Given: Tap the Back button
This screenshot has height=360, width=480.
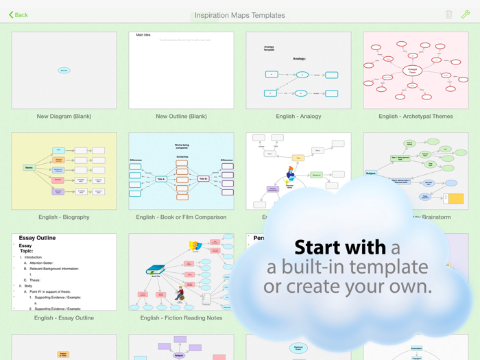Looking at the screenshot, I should click(19, 14).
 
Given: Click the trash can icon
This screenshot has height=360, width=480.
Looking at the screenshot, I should click(448, 14).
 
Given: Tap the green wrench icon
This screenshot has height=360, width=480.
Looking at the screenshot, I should click(466, 14).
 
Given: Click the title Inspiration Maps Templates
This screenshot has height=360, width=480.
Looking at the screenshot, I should click(239, 15).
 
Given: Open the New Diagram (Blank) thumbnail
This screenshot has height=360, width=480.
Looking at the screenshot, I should click(64, 70).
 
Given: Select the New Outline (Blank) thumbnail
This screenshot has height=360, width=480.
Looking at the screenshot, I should click(181, 70).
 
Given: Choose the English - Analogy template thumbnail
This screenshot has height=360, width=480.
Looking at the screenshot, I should click(298, 70).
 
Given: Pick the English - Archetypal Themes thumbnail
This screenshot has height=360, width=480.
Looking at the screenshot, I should click(416, 70).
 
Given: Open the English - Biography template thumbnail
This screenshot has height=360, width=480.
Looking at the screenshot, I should click(64, 171).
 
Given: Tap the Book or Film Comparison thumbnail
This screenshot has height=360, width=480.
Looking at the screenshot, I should click(181, 171).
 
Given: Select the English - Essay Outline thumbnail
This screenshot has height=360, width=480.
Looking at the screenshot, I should click(64, 272).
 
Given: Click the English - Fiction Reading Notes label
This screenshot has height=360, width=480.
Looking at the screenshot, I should click(181, 318).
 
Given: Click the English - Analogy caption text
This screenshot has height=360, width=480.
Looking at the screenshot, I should click(298, 117).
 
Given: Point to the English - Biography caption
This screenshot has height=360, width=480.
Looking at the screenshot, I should click(64, 217).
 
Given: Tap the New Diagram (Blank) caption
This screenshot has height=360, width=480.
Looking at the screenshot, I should click(64, 117).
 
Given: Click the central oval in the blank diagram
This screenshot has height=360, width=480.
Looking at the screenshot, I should click(64, 70).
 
